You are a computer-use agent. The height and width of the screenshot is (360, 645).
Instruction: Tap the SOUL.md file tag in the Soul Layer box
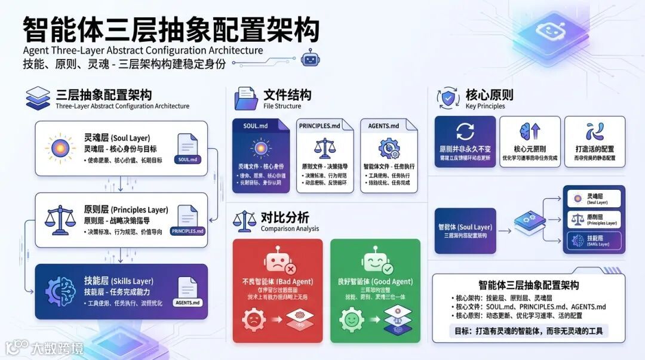point(187,159)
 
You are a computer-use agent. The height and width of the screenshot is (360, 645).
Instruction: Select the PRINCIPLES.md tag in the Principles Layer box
point(187,230)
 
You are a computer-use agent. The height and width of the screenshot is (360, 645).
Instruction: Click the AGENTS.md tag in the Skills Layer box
point(188,302)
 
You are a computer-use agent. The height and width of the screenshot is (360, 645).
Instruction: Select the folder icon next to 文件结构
point(246,99)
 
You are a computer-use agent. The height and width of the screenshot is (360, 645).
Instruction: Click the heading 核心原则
point(489,95)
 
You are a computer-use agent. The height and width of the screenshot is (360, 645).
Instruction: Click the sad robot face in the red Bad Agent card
point(277,262)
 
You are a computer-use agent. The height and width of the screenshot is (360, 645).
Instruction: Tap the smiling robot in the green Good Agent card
point(374,262)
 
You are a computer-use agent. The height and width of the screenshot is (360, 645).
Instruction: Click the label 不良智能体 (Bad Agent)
point(278,282)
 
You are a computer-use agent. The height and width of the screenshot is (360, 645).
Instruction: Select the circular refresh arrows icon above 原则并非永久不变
point(464,131)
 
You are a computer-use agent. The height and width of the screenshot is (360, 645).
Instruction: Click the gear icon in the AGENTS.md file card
point(389,147)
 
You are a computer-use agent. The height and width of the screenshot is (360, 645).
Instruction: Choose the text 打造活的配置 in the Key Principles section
point(594,149)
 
